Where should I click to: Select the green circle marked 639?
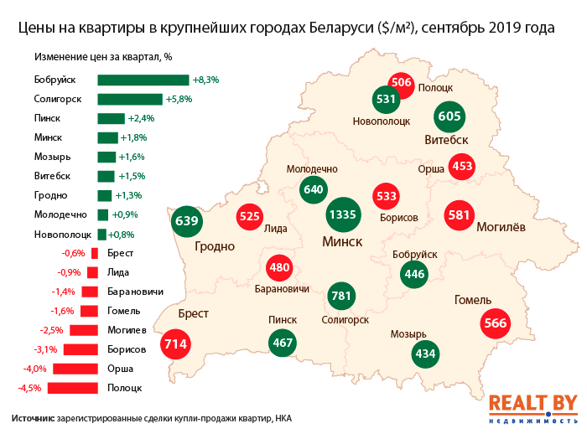click(x=185, y=222)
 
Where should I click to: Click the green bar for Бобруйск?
click(x=143, y=80)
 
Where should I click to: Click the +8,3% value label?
click(x=206, y=80)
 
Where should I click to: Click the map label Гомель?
click(x=472, y=300)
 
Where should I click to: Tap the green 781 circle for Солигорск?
click(x=340, y=295)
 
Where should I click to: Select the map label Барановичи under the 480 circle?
click(x=282, y=289)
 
